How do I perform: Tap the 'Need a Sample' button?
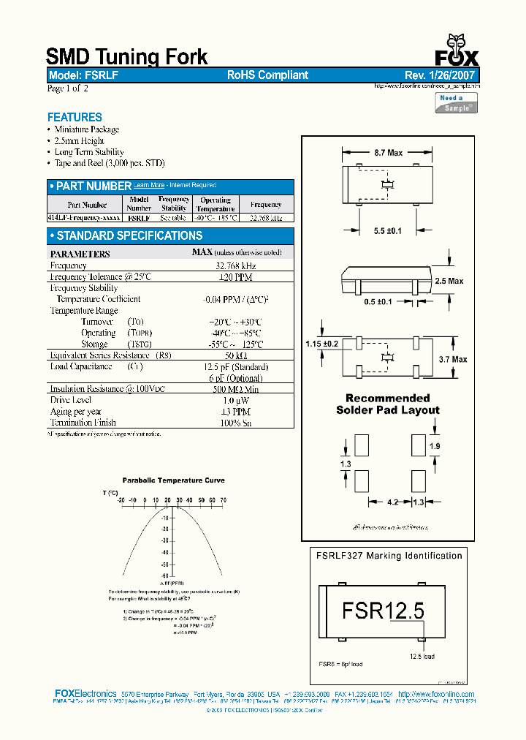457,103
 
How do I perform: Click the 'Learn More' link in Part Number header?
149,186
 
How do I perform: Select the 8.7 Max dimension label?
388,153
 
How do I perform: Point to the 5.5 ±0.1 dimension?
388,230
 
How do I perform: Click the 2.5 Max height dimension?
449,281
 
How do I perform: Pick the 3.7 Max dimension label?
454,359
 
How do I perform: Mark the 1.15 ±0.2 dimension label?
321,343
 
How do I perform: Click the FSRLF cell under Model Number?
139,218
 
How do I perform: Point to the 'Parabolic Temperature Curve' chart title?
173,480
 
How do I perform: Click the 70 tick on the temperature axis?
223,500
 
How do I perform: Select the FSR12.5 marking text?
382,610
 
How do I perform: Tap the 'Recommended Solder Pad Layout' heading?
387,404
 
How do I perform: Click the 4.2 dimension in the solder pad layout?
392,502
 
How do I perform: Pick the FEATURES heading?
75,117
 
